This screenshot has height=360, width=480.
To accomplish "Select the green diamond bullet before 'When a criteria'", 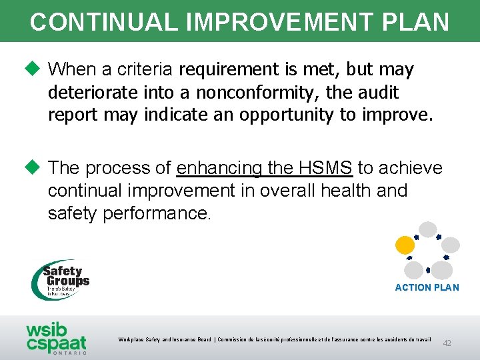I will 35,69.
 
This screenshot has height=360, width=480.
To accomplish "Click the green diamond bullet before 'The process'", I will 35,167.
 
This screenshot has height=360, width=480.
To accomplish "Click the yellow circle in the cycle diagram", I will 405,245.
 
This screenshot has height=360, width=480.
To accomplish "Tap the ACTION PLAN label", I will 427,287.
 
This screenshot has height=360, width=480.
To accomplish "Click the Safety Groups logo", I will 61,279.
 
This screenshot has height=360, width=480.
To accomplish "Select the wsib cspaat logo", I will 56,337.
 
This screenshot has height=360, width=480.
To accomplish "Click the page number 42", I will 447,343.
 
